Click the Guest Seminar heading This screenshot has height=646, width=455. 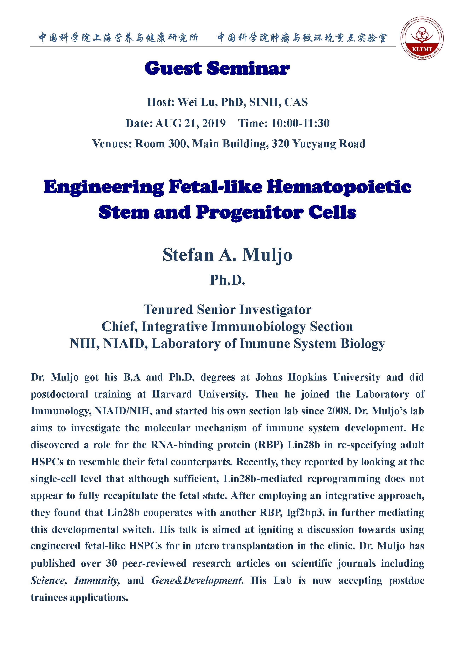(x=217, y=68)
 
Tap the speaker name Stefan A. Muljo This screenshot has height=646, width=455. (x=227, y=255)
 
